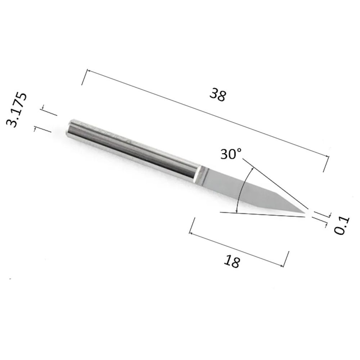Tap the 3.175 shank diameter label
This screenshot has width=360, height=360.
tap(17, 110)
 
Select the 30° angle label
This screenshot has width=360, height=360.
tap(231, 154)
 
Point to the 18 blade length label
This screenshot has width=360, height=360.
tap(232, 261)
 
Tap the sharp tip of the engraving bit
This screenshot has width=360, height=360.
tap(305, 213)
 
